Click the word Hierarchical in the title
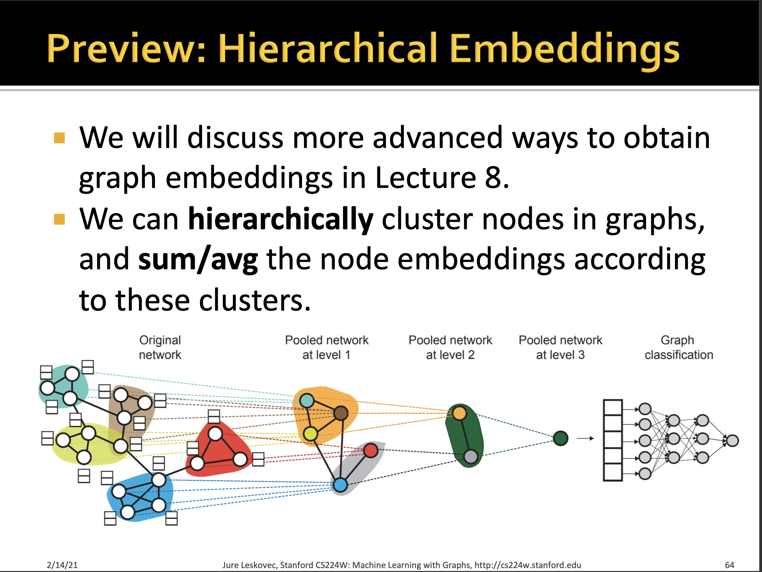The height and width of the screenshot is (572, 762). pos(327,48)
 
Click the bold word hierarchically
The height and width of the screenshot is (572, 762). pos(280,220)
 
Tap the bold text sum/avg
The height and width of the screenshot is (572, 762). pos(198,260)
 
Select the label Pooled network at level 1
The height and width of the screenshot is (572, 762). pos(326,347)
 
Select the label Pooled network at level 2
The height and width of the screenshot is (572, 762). pos(450,347)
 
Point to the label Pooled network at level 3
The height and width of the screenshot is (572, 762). pos(560,347)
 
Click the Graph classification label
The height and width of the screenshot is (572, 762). pos(678,347)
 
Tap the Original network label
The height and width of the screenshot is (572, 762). pos(160,347)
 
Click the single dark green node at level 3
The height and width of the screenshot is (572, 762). pos(561,438)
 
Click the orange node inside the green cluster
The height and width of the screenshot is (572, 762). pos(459,413)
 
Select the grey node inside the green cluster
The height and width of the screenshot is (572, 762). pos(470,457)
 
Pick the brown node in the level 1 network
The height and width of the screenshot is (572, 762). pos(341,413)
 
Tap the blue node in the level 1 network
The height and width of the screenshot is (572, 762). pos(340,485)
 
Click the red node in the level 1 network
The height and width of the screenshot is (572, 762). pos(371,450)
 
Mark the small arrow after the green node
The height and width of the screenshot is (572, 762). pos(585,439)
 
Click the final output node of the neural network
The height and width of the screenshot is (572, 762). pos(733,440)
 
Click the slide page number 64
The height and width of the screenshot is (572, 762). pos(729,565)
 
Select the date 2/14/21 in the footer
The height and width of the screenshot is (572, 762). pos(62,565)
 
